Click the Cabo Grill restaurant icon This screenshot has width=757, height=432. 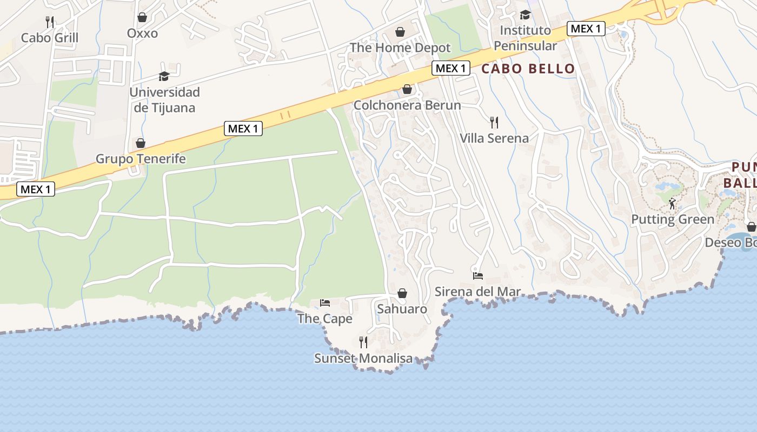pos(50,22)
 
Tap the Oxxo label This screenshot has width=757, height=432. pos(142,33)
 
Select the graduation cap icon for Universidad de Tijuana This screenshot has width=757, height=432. pos(164,77)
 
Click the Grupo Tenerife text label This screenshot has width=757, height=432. pos(141,159)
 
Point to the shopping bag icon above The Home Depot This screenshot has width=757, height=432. pos(400,32)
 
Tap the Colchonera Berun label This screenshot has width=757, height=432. pos(407,105)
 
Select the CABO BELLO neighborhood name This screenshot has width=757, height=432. pos(528,69)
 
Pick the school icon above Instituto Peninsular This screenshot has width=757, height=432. pos(525,15)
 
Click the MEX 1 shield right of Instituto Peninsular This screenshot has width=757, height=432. pos(586,29)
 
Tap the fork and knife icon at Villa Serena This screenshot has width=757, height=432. pos(494,122)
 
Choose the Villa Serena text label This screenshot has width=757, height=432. pos(494,138)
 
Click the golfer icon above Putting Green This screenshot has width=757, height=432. pos(672,204)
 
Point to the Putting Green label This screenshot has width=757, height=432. pos(673,220)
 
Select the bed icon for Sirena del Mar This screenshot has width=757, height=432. pos(477,275)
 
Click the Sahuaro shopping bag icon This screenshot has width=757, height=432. pos(402,293)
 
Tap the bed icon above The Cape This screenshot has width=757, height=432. pos(324,302)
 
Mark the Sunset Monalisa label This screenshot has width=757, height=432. pos(363,359)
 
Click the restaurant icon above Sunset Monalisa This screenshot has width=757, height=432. pos(363,342)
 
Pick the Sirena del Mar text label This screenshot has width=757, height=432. pos(478,292)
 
